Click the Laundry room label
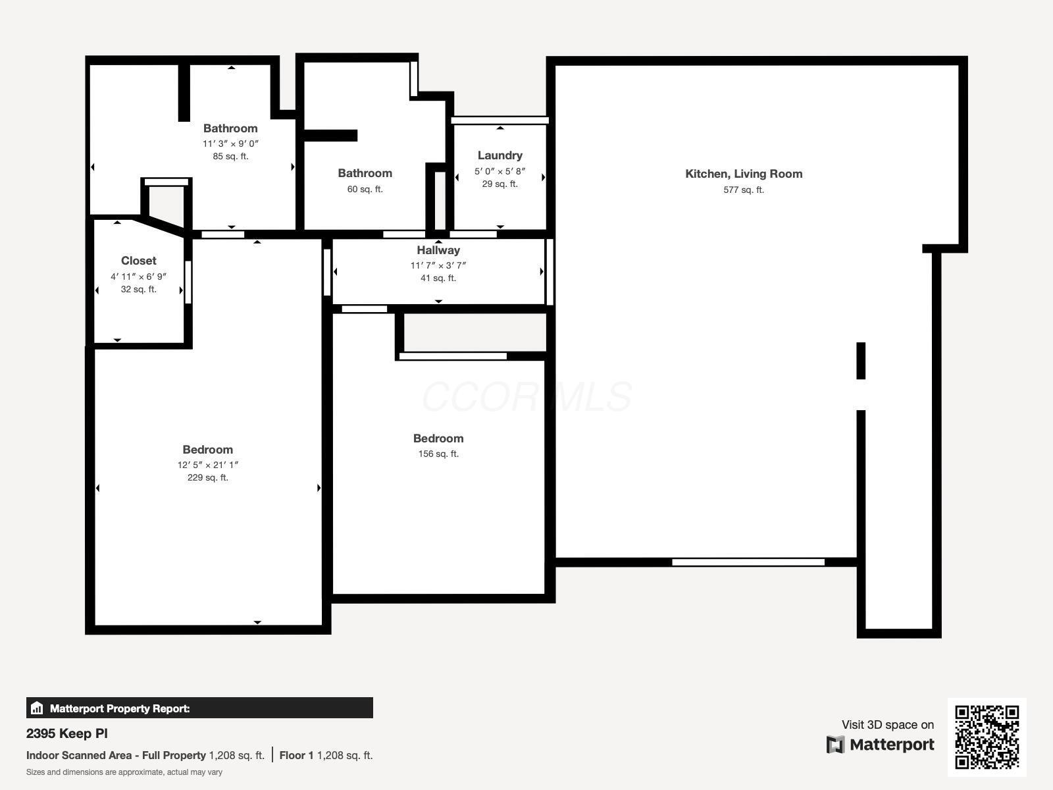click(x=500, y=155)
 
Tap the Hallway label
click(x=438, y=250)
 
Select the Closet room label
click(x=138, y=261)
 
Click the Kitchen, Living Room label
click(x=744, y=174)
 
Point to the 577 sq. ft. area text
click(x=744, y=190)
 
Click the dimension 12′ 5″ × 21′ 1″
click(x=207, y=465)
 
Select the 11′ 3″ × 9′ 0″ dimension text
click(x=230, y=144)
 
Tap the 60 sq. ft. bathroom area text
click(x=365, y=189)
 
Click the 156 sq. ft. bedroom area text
click(x=438, y=454)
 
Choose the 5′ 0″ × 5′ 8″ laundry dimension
click(x=500, y=171)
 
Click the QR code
click(x=987, y=737)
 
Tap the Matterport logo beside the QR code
click(x=881, y=745)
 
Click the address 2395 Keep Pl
click(x=67, y=733)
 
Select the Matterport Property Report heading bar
click(x=199, y=708)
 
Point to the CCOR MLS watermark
click(x=526, y=396)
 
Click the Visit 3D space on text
click(x=887, y=725)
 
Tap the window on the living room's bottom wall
click(x=748, y=562)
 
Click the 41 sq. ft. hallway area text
click(x=438, y=278)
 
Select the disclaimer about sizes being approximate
click(x=124, y=772)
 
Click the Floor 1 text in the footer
click(x=296, y=755)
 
